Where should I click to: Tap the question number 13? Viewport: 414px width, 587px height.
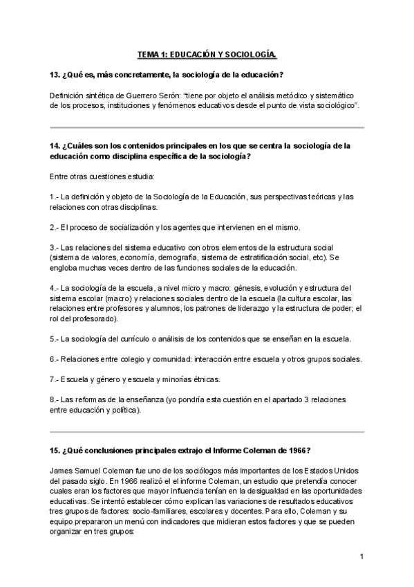click(x=55, y=74)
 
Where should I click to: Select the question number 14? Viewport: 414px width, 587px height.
click(x=55, y=146)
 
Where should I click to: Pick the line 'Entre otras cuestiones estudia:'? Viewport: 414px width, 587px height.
click(x=102, y=177)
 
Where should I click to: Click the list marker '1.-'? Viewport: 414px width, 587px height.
click(x=55, y=197)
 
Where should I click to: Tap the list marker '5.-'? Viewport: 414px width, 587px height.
click(x=55, y=339)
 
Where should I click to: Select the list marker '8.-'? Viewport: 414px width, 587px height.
click(x=55, y=400)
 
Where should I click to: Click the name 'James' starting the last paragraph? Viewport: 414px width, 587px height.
click(x=62, y=469)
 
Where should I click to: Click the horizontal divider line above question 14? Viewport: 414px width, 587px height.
click(x=207, y=128)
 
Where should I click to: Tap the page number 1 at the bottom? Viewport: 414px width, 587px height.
click(x=361, y=556)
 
